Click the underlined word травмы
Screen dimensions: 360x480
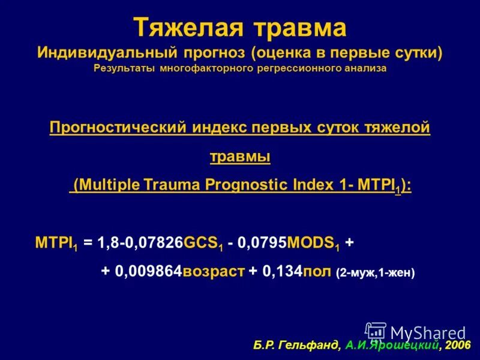(x=239, y=157)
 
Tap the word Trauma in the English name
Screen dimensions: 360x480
(x=173, y=185)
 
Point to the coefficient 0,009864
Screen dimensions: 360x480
(x=148, y=271)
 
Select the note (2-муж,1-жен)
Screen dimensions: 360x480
(x=375, y=272)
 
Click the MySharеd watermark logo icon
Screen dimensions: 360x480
(x=376, y=332)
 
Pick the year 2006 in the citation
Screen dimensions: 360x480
(x=458, y=346)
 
